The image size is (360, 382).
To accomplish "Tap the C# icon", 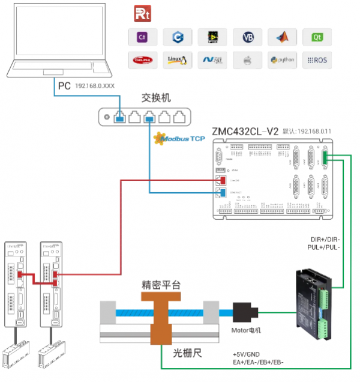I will [x=143, y=37].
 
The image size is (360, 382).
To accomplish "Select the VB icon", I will [x=248, y=37].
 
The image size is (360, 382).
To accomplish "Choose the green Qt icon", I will [x=317, y=37].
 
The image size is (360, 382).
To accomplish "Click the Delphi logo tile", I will [x=143, y=59].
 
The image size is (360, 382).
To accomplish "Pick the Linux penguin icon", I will [x=178, y=59].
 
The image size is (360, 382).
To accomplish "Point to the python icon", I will [x=282, y=59].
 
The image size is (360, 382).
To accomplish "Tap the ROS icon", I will [x=317, y=59].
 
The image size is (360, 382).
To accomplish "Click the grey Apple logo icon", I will [x=247, y=59].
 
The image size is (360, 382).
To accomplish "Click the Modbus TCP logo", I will [x=180, y=139].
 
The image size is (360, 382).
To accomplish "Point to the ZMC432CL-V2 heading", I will [x=245, y=131].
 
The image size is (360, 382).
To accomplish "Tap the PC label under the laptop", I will [x=64, y=85].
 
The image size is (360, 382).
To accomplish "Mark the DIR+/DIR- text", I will [x=323, y=239].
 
